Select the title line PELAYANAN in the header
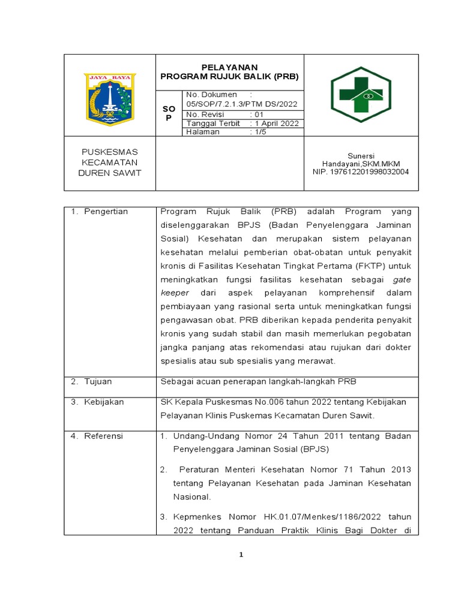[229, 67]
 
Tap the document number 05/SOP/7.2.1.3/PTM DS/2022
[241, 104]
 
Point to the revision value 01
[259, 114]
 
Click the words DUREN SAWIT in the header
[110, 173]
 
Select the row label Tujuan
[97, 381]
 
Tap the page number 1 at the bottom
[241, 555]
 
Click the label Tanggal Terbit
[213, 123]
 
